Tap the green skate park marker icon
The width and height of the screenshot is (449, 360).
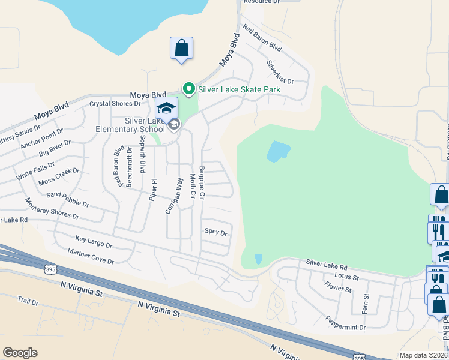click(x=189, y=90)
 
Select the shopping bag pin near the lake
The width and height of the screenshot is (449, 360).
click(x=181, y=48)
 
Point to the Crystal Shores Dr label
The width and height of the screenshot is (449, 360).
click(x=115, y=103)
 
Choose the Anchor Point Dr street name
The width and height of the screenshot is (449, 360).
click(x=41, y=139)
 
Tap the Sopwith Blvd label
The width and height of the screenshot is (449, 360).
click(x=142, y=154)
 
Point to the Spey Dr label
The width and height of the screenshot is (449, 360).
click(x=216, y=232)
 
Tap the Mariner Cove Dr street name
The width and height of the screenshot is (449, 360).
click(x=91, y=256)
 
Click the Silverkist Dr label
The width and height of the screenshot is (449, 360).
click(x=280, y=71)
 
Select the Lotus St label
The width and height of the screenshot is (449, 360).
click(x=348, y=277)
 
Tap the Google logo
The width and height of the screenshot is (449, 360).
click(x=20, y=353)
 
